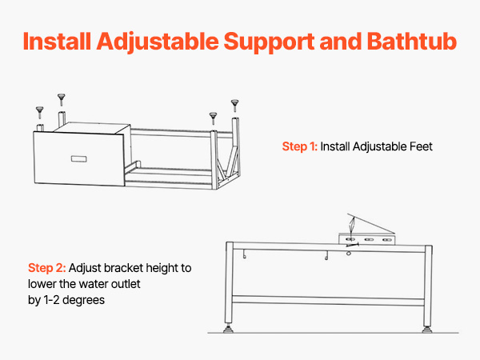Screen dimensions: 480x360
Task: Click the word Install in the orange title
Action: coord(58,42)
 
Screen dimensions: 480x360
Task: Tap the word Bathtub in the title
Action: coord(412,42)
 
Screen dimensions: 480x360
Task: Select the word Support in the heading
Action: coord(269,42)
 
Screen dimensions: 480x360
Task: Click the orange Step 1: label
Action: coord(300,146)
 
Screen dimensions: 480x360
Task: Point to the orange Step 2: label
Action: coord(47,268)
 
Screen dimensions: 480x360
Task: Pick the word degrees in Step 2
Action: coord(83,300)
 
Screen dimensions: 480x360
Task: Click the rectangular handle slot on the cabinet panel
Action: coord(79,159)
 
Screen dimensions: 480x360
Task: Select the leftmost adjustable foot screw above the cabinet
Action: coord(40,112)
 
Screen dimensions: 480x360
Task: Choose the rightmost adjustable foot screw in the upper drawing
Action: coord(234,106)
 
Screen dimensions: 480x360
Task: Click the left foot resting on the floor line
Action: coord(228,329)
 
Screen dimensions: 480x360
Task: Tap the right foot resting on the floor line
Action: coord(427,330)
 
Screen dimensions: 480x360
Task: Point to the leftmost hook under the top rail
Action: coord(245,254)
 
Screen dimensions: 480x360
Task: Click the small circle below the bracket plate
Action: coord(348,253)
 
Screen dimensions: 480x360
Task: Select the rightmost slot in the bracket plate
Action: coord(387,240)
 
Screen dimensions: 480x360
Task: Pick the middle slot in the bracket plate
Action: coord(369,239)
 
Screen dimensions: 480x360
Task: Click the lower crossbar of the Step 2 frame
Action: coord(328,300)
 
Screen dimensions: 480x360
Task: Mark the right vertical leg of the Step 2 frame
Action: coord(428,286)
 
